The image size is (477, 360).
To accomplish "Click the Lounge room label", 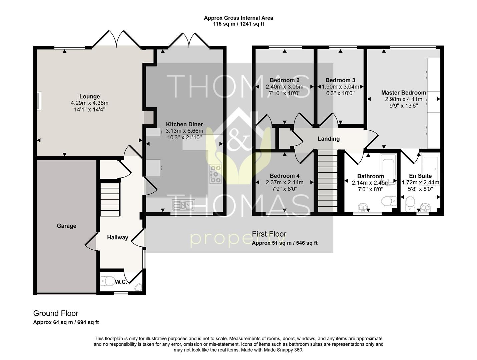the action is pos(89,96).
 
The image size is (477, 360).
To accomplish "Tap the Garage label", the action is pos(66,226).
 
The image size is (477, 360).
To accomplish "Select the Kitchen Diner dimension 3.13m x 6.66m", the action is pos(184,131).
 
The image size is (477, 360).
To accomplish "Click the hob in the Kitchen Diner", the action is pos(215,174).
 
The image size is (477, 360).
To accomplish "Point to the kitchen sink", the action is pos(183,205).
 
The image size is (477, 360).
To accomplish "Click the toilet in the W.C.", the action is pos(108,281).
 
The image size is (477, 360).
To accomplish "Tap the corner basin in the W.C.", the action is pos(138,287).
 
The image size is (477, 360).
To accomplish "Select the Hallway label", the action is pos(117,237).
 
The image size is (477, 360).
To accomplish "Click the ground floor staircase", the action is pos(110,199).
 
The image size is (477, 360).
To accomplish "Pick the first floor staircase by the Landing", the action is pos(328,181).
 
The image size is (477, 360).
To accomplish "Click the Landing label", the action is pos(329,139).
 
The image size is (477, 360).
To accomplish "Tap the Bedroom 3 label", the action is pos(340,80).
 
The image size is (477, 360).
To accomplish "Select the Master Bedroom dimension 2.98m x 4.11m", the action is pos(404,99).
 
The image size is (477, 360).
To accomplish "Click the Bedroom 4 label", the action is pos(285,176).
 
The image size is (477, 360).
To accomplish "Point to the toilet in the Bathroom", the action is pos(389,201).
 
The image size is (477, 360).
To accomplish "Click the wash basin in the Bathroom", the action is pos(363,207).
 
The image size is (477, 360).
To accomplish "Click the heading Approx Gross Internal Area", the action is pos(238,18).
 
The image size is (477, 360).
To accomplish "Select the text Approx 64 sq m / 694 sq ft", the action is pos(66,322).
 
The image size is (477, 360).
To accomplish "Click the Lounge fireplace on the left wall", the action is pos(39,101).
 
